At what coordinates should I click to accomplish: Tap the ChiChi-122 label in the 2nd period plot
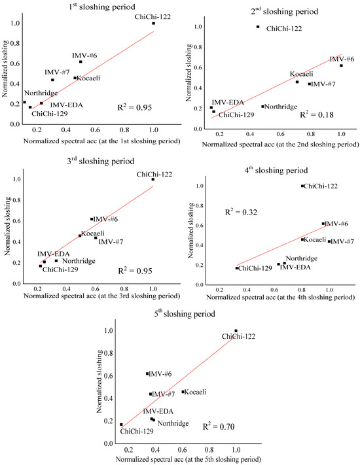(x=285, y=29)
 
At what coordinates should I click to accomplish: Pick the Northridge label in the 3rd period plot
(x=79, y=262)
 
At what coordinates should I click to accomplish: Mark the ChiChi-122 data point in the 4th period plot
(x=302, y=186)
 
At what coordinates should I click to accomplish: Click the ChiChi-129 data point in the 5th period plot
(x=121, y=424)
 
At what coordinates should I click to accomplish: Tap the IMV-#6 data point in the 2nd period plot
(x=341, y=65)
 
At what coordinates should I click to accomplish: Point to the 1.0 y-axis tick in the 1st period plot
(x=14, y=24)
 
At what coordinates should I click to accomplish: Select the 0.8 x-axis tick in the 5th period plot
(x=209, y=451)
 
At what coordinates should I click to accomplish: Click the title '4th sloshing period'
(x=278, y=171)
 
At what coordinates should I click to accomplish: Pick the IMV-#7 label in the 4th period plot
(x=340, y=242)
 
